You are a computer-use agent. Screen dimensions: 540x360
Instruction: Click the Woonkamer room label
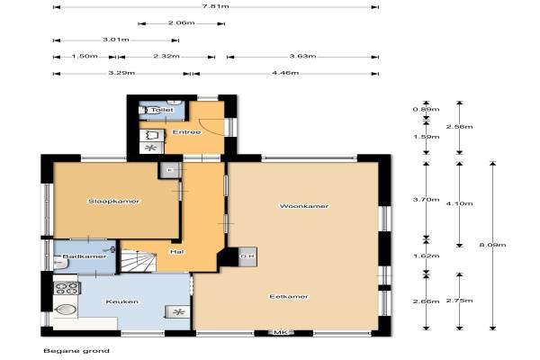304,206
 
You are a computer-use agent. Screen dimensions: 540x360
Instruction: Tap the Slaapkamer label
113,202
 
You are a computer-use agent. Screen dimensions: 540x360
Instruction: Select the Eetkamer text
289,297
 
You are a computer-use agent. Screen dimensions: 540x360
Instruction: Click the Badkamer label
85,256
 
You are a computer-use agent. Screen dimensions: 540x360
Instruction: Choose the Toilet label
162,110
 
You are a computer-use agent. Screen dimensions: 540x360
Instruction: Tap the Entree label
186,132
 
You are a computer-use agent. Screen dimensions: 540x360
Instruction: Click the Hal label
176,252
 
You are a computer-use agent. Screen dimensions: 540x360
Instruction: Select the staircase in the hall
139,261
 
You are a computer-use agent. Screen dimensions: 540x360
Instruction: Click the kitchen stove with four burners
67,288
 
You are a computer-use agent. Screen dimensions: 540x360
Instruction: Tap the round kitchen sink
66,310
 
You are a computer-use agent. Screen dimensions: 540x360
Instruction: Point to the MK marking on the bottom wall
280,332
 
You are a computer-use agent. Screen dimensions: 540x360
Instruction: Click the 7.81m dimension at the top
216,6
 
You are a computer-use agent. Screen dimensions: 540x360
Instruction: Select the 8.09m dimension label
493,245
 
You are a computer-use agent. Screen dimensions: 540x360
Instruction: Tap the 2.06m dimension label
182,23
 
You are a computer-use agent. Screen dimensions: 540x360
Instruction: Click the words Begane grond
76,351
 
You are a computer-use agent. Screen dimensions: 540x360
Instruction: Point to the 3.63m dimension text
302,56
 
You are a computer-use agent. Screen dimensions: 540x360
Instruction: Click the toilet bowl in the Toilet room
145,110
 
